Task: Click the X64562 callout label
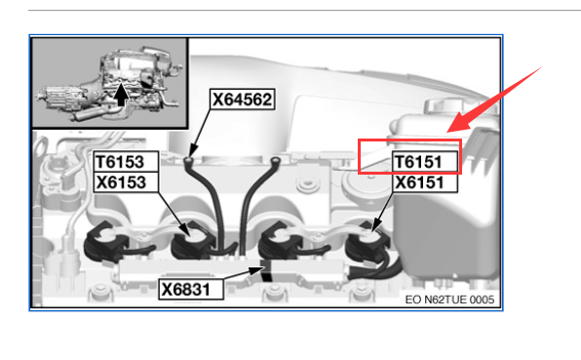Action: [x=243, y=99]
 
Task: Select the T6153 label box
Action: [x=126, y=162]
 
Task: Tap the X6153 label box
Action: [x=126, y=182]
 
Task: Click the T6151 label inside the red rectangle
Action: [x=425, y=162]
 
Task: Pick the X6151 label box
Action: [x=425, y=182]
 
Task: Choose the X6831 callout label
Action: [x=191, y=289]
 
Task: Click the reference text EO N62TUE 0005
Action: [x=449, y=300]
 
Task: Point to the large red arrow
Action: [x=494, y=100]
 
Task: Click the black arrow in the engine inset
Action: [x=121, y=95]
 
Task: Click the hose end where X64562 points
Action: [x=189, y=161]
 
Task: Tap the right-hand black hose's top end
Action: [x=275, y=161]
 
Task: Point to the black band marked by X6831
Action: [x=265, y=271]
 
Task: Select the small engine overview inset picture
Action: [x=110, y=83]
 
